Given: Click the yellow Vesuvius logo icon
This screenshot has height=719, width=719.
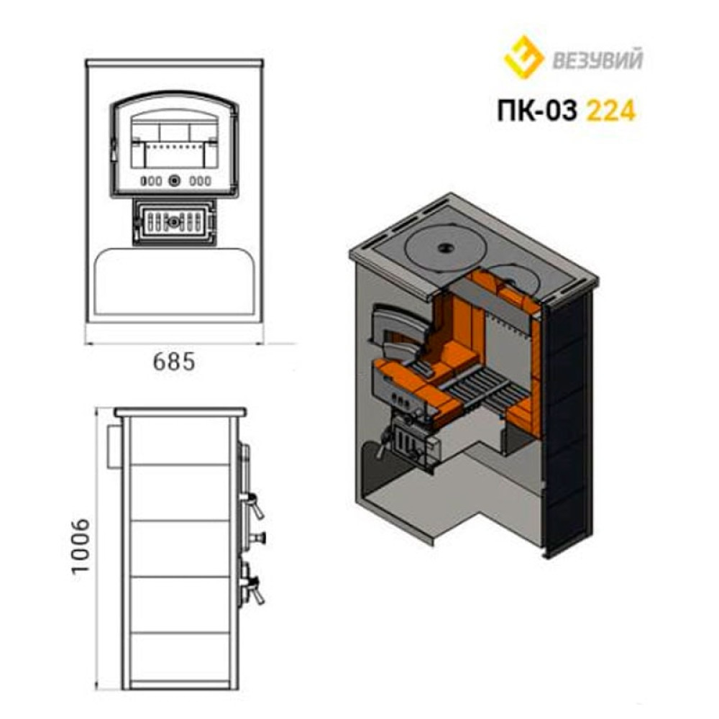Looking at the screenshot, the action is pyautogui.click(x=523, y=58).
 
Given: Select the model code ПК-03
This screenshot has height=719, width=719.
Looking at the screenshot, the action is pyautogui.click(x=536, y=111).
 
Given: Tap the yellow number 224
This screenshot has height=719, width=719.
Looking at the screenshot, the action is pyautogui.click(x=611, y=111).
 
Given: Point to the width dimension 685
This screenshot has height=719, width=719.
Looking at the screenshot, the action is pyautogui.click(x=174, y=362).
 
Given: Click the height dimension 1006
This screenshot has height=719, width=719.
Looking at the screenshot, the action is pyautogui.click(x=81, y=545).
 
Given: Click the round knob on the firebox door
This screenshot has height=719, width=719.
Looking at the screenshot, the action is pyautogui.click(x=174, y=180).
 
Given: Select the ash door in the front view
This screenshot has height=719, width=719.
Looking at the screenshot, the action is pyautogui.click(x=174, y=223).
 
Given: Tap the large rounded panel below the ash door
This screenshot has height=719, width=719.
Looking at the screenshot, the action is pyautogui.click(x=174, y=282).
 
